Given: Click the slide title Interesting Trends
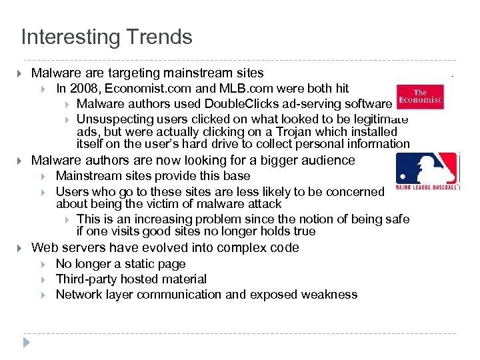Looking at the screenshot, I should pos(107,37).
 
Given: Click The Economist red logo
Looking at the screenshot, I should pos(419,97).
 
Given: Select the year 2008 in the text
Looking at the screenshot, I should pos(85,89).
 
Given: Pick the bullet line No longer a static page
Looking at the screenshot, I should pos(121,264).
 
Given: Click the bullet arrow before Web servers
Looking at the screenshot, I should pos(19,248).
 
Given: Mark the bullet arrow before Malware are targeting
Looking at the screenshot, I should pos(19,73).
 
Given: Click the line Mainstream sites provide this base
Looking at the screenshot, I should pos(153,176).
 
